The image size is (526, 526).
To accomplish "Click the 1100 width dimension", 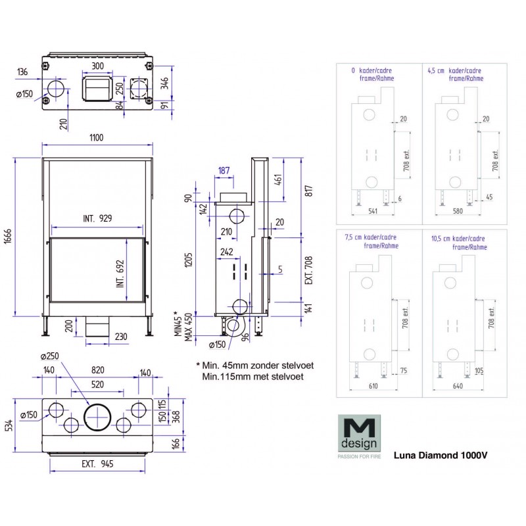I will click(98, 137).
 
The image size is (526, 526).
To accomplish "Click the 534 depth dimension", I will click(7, 427).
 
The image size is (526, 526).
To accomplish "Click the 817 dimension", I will click(309, 190).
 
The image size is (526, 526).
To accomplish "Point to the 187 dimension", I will click(224, 171).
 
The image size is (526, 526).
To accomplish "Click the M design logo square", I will click(356, 433).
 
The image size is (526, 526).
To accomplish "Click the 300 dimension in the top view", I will click(97, 66).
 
